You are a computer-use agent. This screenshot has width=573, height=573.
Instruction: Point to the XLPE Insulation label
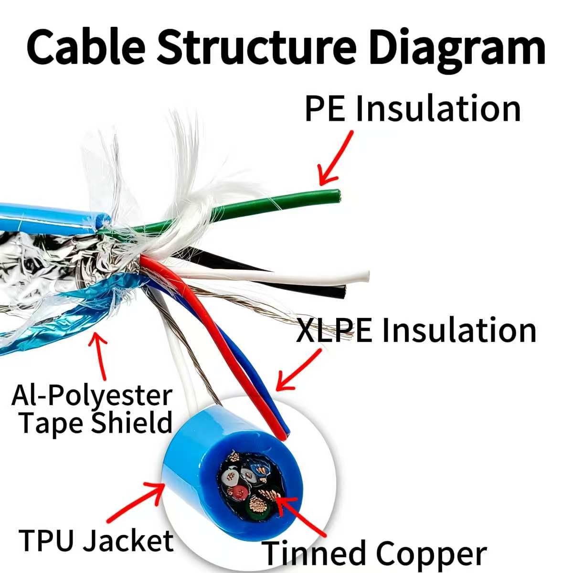[416, 330]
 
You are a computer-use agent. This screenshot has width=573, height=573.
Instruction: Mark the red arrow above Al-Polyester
[100, 356]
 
